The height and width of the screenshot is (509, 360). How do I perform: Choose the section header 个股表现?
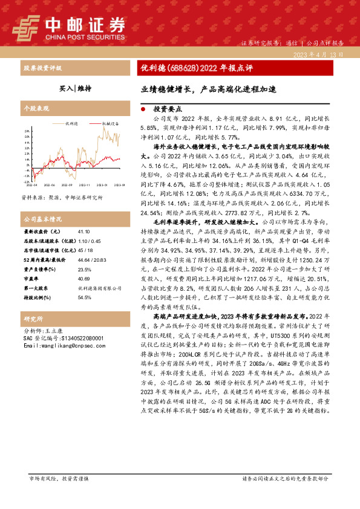point(36,109)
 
